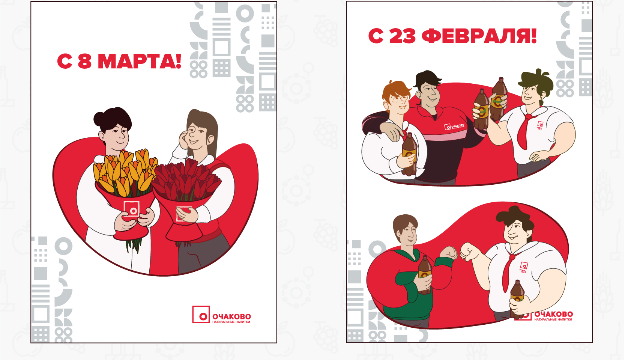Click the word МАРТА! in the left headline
(x=140, y=61)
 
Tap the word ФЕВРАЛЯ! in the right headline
(x=479, y=36)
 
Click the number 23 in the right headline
(x=402, y=36)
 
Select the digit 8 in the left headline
(x=85, y=61)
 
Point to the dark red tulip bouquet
(x=186, y=180)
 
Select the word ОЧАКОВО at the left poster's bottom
(x=231, y=316)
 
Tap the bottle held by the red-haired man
(x=409, y=154)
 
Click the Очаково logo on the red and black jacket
(x=454, y=127)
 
